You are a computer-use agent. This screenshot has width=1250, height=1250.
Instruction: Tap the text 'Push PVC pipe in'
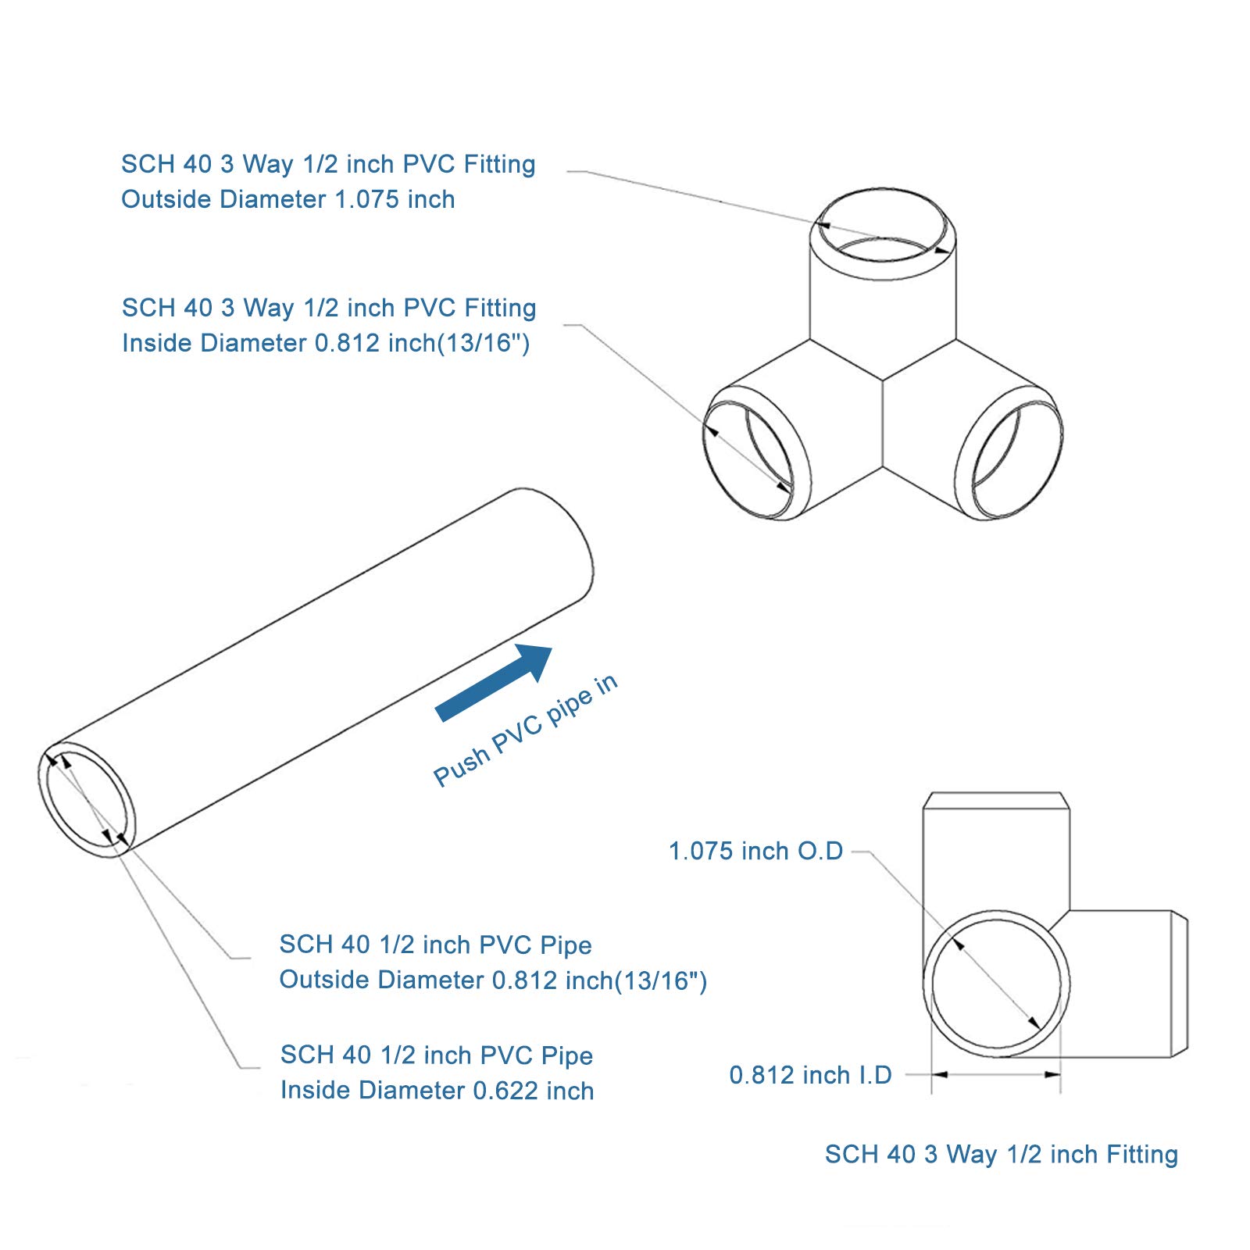tap(525, 731)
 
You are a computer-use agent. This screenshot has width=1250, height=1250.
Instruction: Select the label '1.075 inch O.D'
tap(755, 851)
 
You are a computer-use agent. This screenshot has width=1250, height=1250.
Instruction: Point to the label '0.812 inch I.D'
tap(810, 1075)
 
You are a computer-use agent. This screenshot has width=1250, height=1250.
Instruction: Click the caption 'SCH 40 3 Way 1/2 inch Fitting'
tap(1001, 1154)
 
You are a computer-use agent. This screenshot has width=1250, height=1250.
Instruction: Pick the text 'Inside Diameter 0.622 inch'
tap(437, 1090)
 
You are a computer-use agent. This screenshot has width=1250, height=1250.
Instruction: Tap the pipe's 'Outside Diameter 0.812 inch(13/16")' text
tap(493, 980)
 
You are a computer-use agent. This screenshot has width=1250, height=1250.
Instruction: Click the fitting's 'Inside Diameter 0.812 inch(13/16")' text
tap(326, 343)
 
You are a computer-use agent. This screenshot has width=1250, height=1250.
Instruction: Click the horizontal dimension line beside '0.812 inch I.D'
tap(996, 1075)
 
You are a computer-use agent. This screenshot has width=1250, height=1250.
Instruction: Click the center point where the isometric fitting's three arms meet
tap(883, 380)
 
